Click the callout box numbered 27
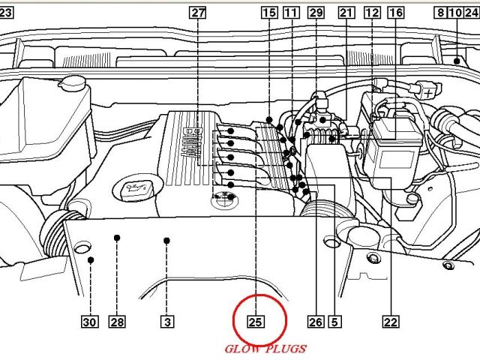pos(197,13)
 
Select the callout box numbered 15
pos(269,13)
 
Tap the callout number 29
pos(316,13)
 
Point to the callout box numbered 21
pos(346,13)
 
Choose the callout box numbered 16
pos(395,13)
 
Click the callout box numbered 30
pos(90,322)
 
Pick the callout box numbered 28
pos(117,322)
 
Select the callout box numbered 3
pos(167,322)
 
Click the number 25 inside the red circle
pos(256,322)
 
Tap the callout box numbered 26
pos(316,322)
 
